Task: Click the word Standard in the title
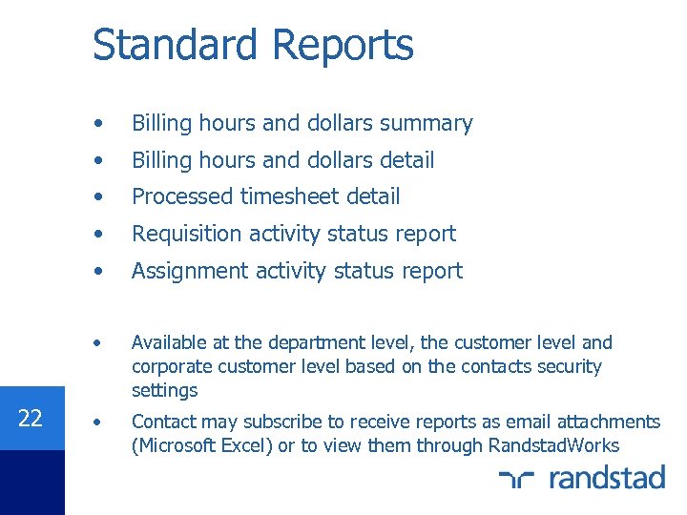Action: point(175,45)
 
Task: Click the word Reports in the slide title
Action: point(343,45)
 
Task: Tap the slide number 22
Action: point(31,418)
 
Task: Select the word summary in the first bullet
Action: point(427,123)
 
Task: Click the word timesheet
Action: point(291,196)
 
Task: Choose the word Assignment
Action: point(189,271)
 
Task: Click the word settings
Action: point(164,390)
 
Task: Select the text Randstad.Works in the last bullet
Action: point(553,445)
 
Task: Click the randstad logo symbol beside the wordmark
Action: point(520,478)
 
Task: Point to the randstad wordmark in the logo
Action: point(607,477)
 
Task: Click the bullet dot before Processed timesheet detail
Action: point(100,196)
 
